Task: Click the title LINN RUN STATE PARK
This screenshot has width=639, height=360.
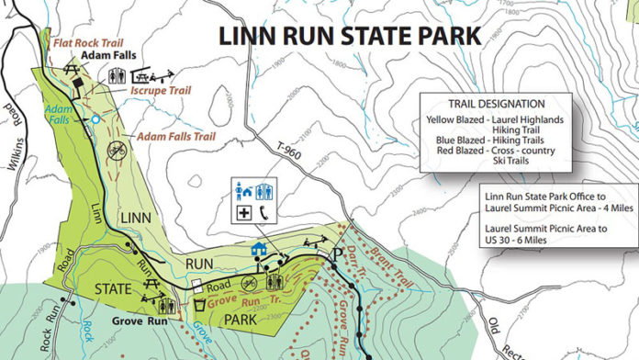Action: click(350, 37)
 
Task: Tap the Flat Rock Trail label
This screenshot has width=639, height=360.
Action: click(88, 42)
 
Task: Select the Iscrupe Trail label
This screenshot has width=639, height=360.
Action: click(160, 93)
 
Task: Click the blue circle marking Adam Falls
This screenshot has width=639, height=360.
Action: click(94, 119)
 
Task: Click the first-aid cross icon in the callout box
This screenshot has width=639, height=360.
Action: click(244, 212)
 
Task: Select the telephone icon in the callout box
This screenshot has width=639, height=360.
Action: click(265, 212)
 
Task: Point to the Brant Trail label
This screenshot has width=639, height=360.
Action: click(370, 246)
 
